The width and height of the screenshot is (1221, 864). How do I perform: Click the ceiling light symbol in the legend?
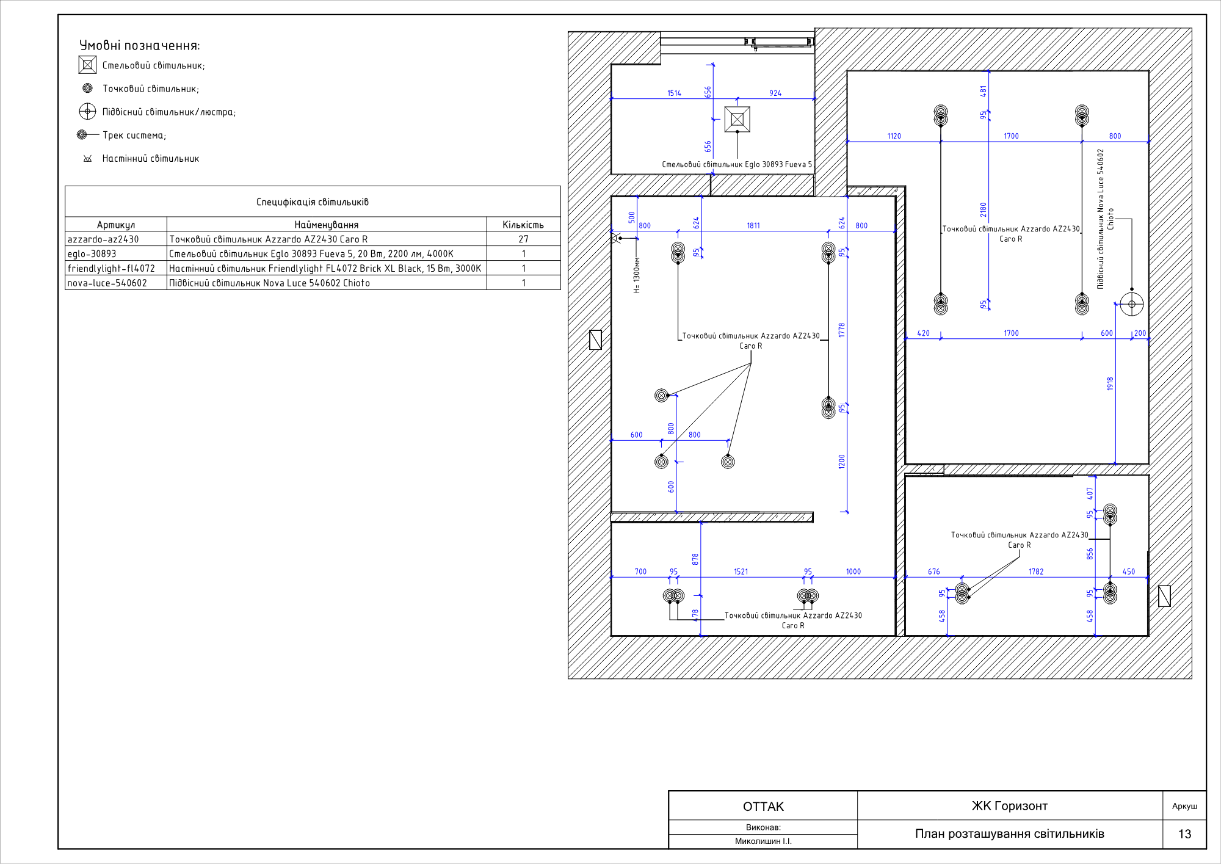[x=87, y=65]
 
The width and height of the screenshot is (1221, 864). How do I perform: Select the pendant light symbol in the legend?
[x=87, y=111]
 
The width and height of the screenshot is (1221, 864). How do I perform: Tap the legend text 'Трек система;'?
[x=134, y=136]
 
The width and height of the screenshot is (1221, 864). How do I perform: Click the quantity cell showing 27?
[x=523, y=239]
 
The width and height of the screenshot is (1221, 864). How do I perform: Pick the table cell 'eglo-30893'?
[x=92, y=254]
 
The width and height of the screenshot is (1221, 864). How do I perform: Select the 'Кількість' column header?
[x=523, y=225]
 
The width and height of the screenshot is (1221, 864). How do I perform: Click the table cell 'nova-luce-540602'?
[x=107, y=283]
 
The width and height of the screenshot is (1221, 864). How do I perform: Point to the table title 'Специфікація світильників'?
[x=313, y=202]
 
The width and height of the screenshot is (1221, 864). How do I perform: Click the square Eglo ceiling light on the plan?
[x=737, y=119]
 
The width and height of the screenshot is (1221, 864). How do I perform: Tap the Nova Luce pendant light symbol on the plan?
[x=1131, y=304]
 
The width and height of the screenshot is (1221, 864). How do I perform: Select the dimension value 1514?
[x=674, y=93]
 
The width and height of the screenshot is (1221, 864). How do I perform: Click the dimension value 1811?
[x=753, y=226]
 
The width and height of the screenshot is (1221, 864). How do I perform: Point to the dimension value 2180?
[x=983, y=210]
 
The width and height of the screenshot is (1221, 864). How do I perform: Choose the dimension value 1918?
[x=1110, y=384]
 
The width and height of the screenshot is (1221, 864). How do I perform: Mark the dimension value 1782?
[x=1036, y=572]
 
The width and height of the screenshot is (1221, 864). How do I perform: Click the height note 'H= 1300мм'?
[x=637, y=275]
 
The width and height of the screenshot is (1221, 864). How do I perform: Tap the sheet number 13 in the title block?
[x=1184, y=834]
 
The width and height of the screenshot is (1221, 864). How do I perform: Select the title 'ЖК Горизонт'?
[x=1010, y=806]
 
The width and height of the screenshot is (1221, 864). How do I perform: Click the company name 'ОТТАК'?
[x=763, y=807]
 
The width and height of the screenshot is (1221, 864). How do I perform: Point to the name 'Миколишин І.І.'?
[x=763, y=841]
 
